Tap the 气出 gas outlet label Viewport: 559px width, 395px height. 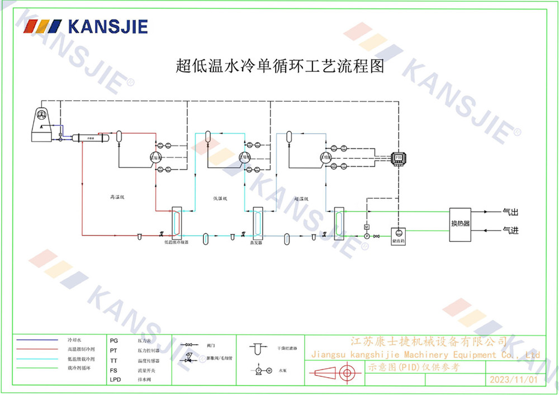point(510,212)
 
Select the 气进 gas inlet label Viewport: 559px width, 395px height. point(510,230)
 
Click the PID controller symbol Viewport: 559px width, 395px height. point(398,158)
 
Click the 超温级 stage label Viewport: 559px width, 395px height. point(302,199)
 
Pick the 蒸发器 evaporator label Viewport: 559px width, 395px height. point(256,243)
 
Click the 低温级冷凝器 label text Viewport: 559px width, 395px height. point(176,243)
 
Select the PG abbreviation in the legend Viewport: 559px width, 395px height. point(114,340)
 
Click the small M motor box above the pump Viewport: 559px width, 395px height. point(367,227)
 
